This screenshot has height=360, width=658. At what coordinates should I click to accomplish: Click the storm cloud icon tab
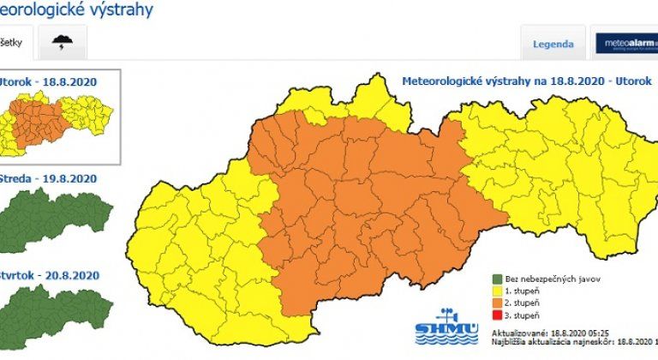tap(63, 42)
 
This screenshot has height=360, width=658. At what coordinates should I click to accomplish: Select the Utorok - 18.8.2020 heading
tap(51, 81)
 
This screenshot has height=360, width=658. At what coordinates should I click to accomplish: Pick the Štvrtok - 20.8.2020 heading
tap(51, 275)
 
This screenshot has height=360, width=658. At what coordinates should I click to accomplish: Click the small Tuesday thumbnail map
tap(57, 125)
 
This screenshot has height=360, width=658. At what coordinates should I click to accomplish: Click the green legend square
tap(497, 277)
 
